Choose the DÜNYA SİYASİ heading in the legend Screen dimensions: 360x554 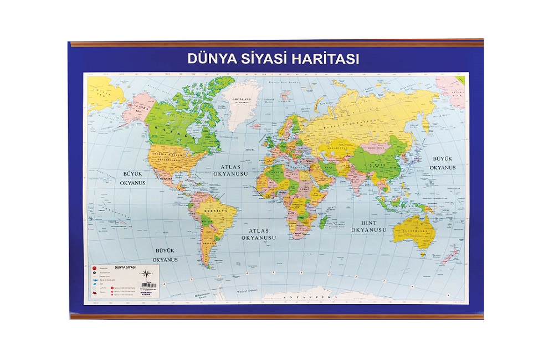point(125,268)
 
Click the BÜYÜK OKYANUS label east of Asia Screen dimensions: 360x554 point(443,163)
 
